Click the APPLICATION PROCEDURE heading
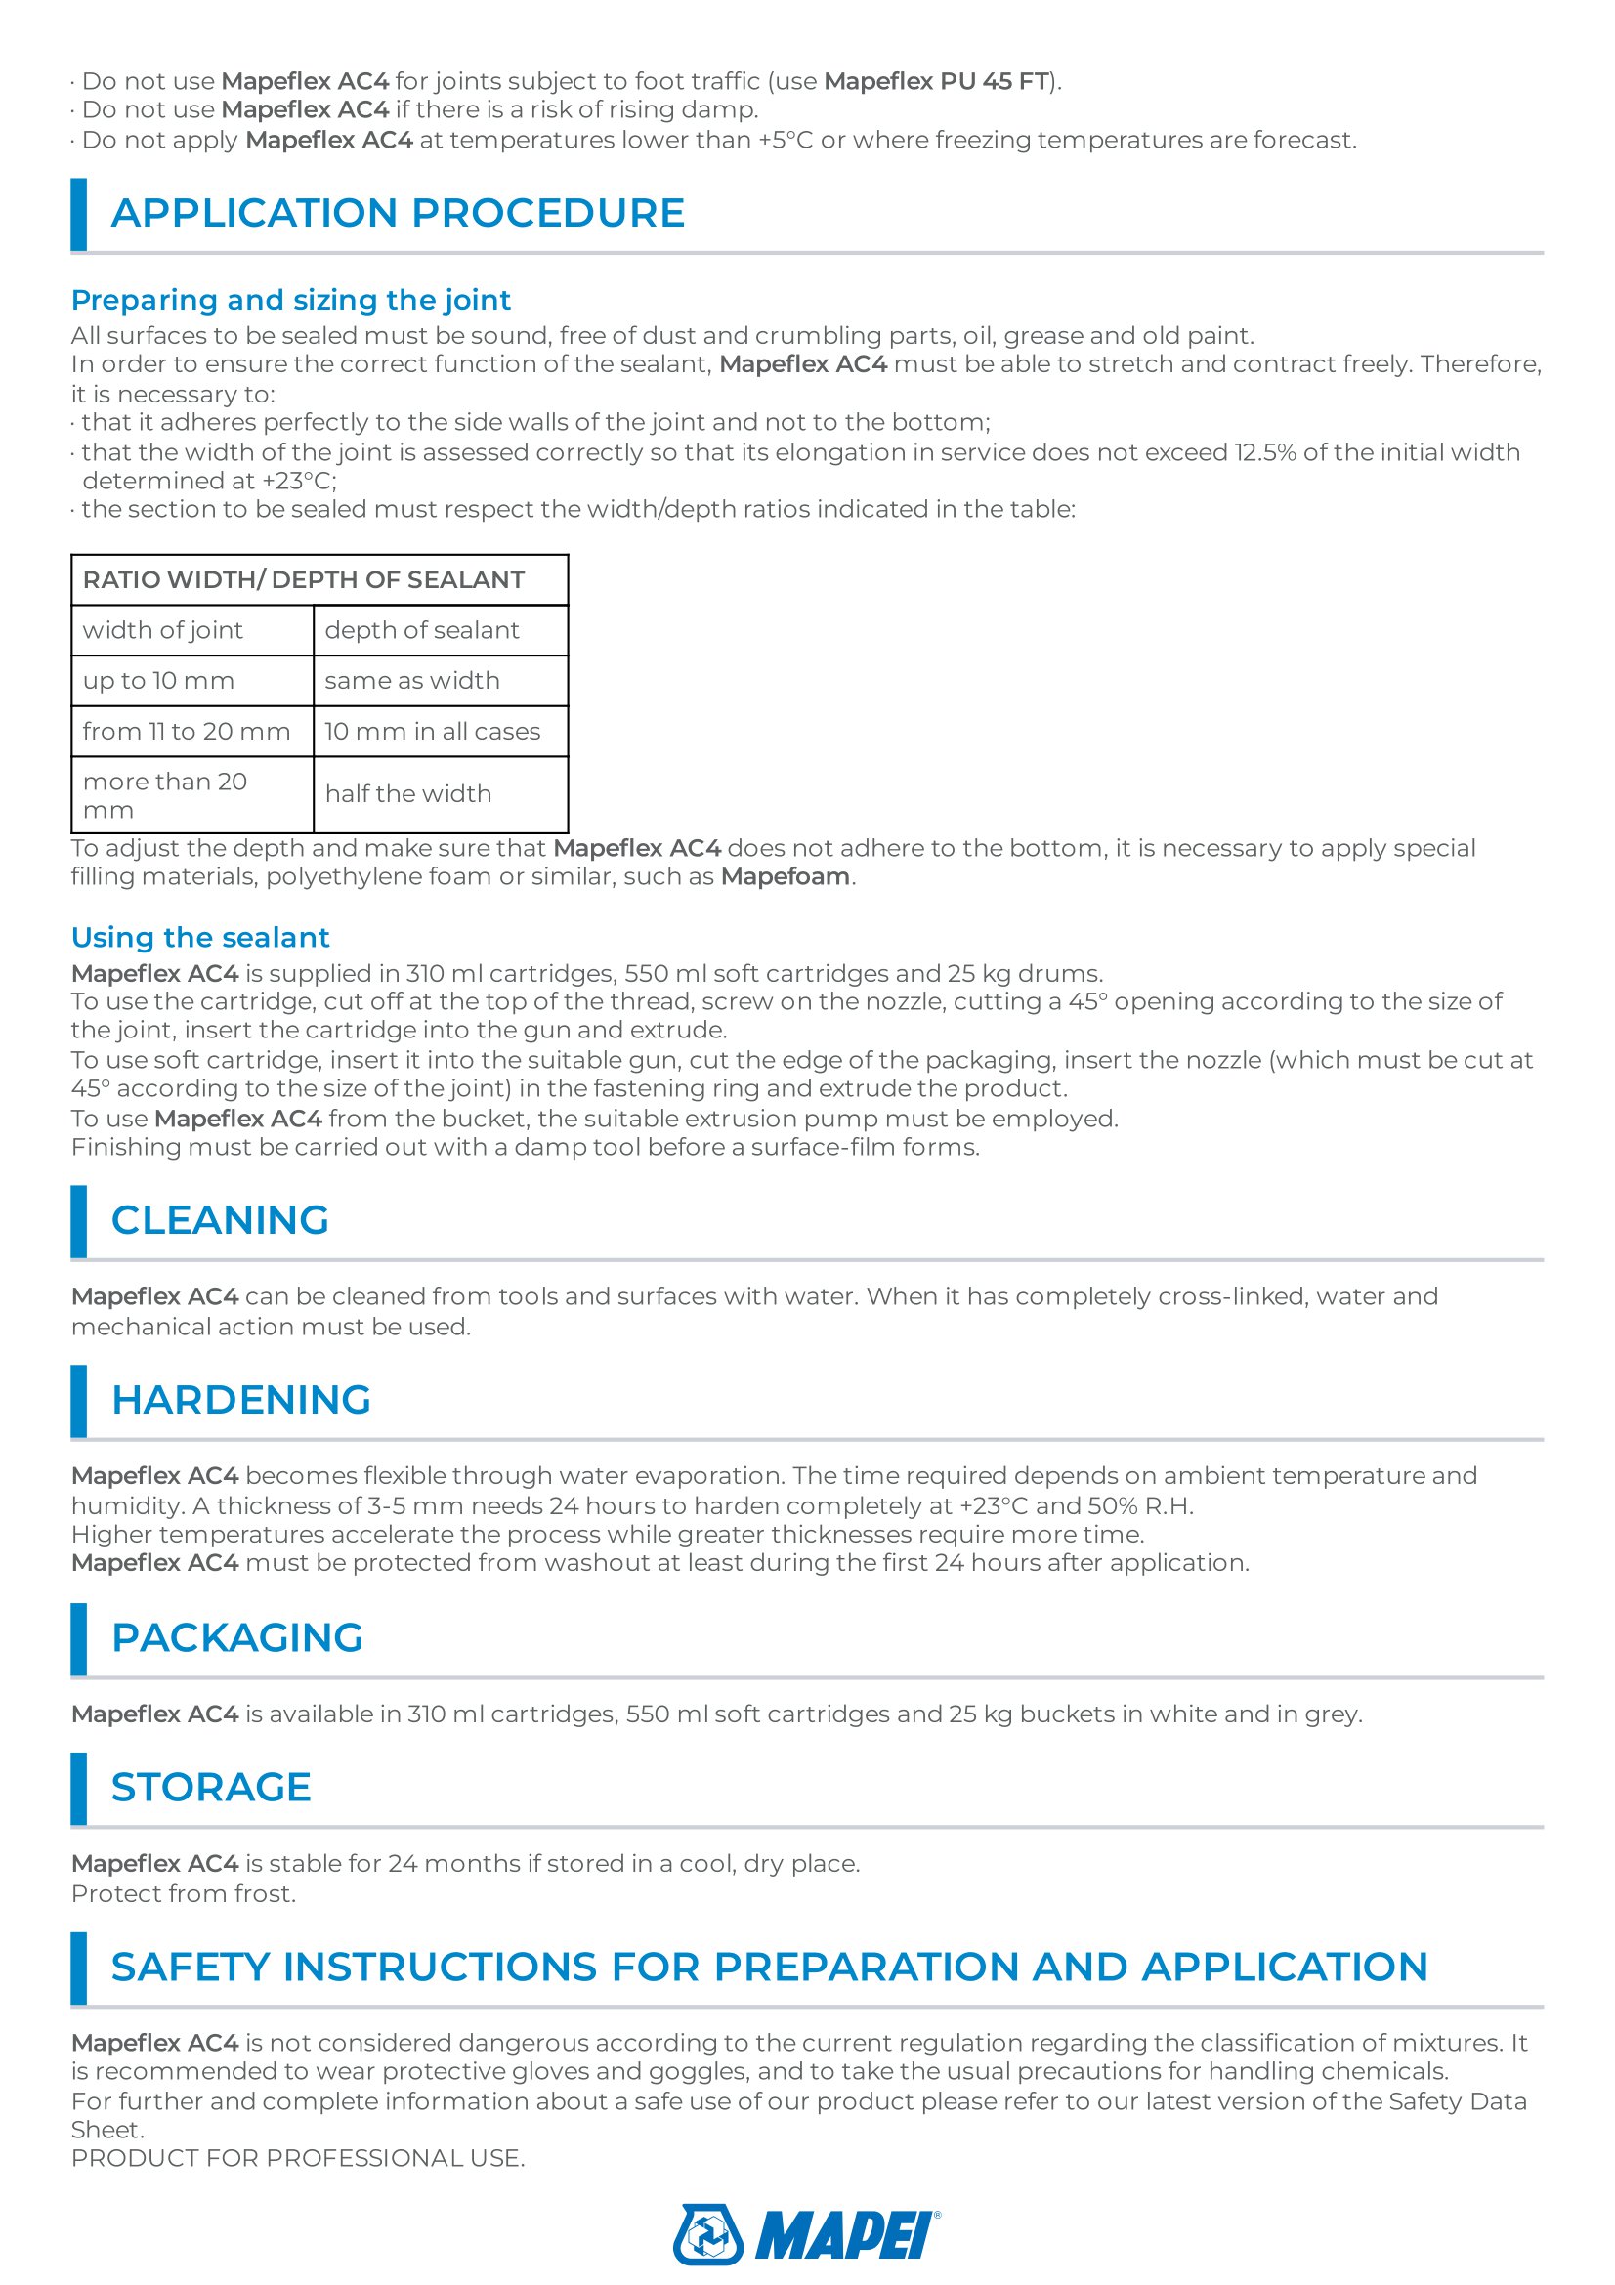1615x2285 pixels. click(397, 213)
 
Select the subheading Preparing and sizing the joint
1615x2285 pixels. click(290, 300)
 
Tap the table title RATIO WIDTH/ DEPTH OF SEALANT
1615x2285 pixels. click(304, 579)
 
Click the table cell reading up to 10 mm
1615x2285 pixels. click(159, 681)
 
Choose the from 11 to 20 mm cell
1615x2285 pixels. click(186, 732)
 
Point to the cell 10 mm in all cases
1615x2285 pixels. click(432, 732)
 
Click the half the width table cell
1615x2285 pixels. click(408, 794)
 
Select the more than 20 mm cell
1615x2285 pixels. click(165, 795)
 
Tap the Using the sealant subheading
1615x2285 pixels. click(200, 938)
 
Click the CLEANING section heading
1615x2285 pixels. click(220, 1220)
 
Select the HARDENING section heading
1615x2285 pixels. click(240, 1400)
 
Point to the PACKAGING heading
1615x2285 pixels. click(236, 1638)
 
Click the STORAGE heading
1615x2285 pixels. click(211, 1788)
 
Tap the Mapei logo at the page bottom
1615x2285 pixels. click(806, 2234)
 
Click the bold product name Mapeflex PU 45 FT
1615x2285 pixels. click(936, 82)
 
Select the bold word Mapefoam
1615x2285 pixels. click(786, 876)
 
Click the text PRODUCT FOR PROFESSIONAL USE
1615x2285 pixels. click(298, 2158)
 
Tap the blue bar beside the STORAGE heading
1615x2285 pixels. click(78, 1789)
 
